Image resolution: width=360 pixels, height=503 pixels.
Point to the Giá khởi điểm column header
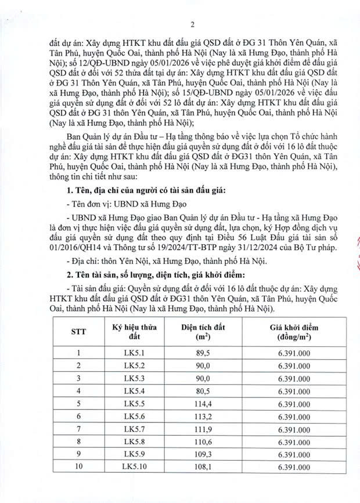[294, 331]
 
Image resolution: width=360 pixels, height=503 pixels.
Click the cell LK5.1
[135, 352]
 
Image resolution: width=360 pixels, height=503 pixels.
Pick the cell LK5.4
[135, 390]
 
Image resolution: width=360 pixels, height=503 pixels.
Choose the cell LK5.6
[135, 416]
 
